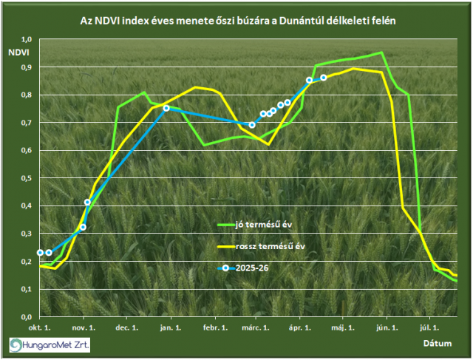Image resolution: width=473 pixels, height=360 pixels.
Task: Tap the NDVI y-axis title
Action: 18,52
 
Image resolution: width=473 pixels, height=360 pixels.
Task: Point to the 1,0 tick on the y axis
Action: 27,39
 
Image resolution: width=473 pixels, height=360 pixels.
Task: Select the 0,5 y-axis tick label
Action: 27,178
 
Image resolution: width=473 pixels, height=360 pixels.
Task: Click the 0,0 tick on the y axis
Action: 27,316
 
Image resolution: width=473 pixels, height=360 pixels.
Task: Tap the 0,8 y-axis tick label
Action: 27,95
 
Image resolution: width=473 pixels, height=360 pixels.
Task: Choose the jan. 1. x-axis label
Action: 170,326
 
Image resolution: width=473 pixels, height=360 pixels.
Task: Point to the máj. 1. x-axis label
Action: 343,326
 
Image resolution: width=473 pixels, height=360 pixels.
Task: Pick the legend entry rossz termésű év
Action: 270,246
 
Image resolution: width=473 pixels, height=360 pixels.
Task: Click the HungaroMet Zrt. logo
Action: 49,344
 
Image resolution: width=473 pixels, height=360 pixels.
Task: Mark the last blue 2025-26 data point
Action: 324,78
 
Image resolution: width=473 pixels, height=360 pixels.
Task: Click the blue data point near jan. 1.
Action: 166,108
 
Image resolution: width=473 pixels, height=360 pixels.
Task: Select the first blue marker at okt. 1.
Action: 40,253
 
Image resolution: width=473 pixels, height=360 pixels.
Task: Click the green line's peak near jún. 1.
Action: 381,52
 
